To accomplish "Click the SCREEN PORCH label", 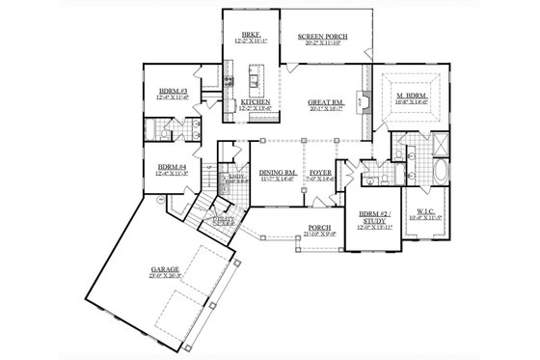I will click(323, 36).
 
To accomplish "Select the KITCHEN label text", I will click(254, 101).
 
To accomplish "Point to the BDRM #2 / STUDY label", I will click(371, 217).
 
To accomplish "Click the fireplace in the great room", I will click(360, 97).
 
